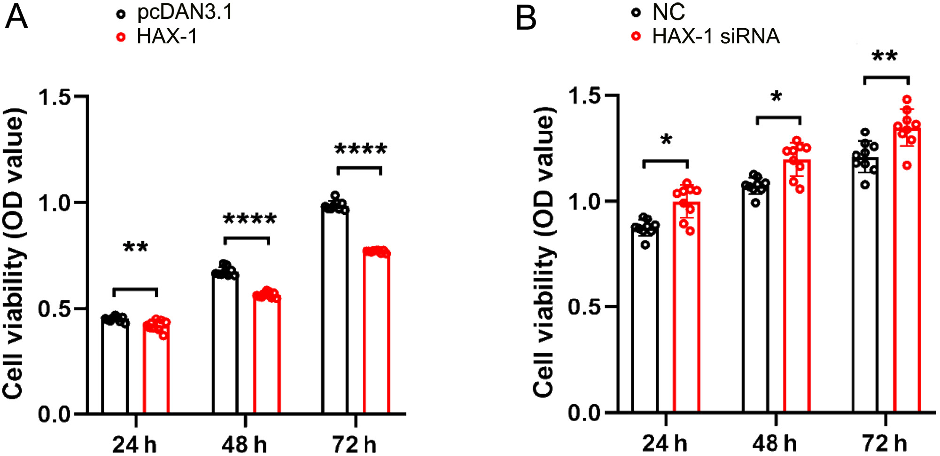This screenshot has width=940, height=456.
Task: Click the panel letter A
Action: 16,18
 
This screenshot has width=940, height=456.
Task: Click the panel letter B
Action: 526,19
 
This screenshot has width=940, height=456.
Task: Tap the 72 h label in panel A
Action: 354,444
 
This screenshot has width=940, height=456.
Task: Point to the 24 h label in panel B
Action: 665,443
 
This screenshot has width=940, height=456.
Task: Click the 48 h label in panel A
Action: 244,444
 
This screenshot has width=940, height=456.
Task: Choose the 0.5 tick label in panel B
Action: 584,307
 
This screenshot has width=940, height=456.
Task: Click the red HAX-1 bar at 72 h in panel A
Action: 376,334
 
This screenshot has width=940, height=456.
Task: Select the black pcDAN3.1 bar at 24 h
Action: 115,367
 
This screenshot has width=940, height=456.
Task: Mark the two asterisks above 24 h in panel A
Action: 135,247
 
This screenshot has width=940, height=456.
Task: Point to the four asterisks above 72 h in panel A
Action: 360,149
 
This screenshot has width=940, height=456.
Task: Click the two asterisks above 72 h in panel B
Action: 885,56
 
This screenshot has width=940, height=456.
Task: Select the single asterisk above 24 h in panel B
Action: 666,140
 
